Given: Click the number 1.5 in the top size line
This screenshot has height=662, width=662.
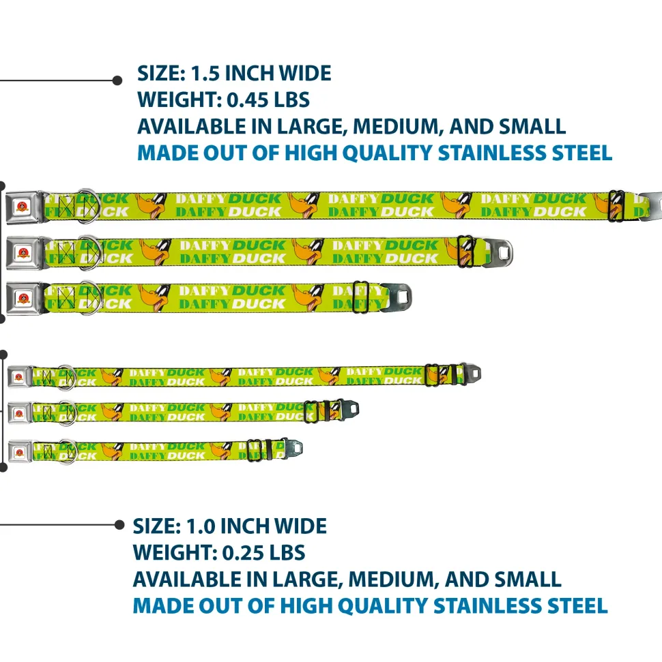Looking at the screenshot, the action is [205, 74].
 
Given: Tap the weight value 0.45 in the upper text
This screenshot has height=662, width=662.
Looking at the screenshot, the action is [247, 100].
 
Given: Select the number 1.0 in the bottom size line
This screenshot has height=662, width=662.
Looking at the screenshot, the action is [201, 526].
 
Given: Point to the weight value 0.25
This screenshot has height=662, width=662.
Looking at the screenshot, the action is [243, 553].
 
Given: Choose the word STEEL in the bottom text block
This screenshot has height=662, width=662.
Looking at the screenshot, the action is [577, 606].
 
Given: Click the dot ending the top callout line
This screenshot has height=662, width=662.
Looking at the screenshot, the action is [117, 80].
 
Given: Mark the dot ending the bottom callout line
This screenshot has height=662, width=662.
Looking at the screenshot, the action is [119, 525].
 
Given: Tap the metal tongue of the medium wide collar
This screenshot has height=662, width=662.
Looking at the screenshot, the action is [498, 253].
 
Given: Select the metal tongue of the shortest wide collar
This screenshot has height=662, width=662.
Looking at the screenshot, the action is [397, 298].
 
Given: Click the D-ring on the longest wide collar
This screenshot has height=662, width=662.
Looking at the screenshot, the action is [88, 206].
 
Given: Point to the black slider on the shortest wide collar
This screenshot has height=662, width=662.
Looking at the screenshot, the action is [360, 298].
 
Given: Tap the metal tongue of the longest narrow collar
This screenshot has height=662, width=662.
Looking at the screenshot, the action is [472, 373].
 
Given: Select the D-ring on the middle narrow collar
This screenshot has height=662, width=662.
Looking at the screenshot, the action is [67, 413].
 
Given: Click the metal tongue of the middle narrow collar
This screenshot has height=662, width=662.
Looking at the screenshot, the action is [349, 408].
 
